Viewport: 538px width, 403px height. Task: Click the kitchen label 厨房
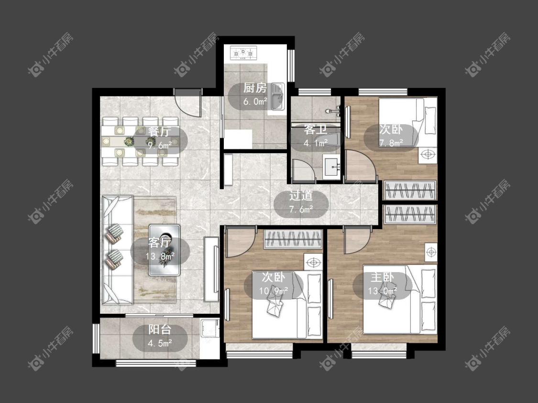click(x=255, y=88)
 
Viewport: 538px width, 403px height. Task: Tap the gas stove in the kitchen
click(x=243, y=53)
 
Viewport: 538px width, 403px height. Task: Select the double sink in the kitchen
click(x=277, y=96)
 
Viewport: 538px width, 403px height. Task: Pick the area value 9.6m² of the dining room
click(x=160, y=145)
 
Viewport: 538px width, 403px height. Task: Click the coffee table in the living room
click(x=165, y=250)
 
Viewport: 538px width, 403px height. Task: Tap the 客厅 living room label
click(x=160, y=243)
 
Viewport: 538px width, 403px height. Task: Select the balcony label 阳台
click(x=160, y=329)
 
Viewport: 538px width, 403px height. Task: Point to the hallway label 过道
click(x=301, y=196)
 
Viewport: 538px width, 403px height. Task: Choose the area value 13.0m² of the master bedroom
click(x=382, y=291)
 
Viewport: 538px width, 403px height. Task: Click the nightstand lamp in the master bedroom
click(x=431, y=253)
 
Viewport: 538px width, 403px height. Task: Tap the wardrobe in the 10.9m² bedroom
click(x=293, y=239)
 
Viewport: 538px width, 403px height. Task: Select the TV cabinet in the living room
click(x=211, y=269)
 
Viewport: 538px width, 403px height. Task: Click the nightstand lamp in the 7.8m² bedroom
click(x=428, y=155)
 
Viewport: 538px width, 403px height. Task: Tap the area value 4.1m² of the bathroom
click(x=315, y=143)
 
